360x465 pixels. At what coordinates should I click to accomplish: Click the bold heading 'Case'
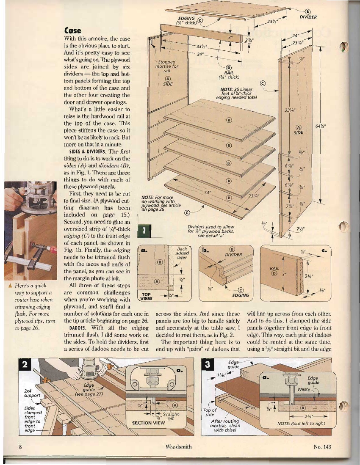pyautogui.click(x=70, y=30)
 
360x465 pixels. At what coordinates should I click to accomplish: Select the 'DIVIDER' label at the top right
pyautogui.click(x=308, y=17)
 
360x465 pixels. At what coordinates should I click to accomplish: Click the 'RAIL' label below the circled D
pyautogui.click(x=229, y=72)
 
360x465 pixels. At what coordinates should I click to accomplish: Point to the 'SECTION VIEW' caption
pyautogui.click(x=148, y=422)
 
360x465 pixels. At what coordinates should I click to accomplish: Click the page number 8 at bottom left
pyautogui.click(x=20, y=447)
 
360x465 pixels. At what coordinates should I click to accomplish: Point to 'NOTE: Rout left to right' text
pyautogui.click(x=301, y=423)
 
